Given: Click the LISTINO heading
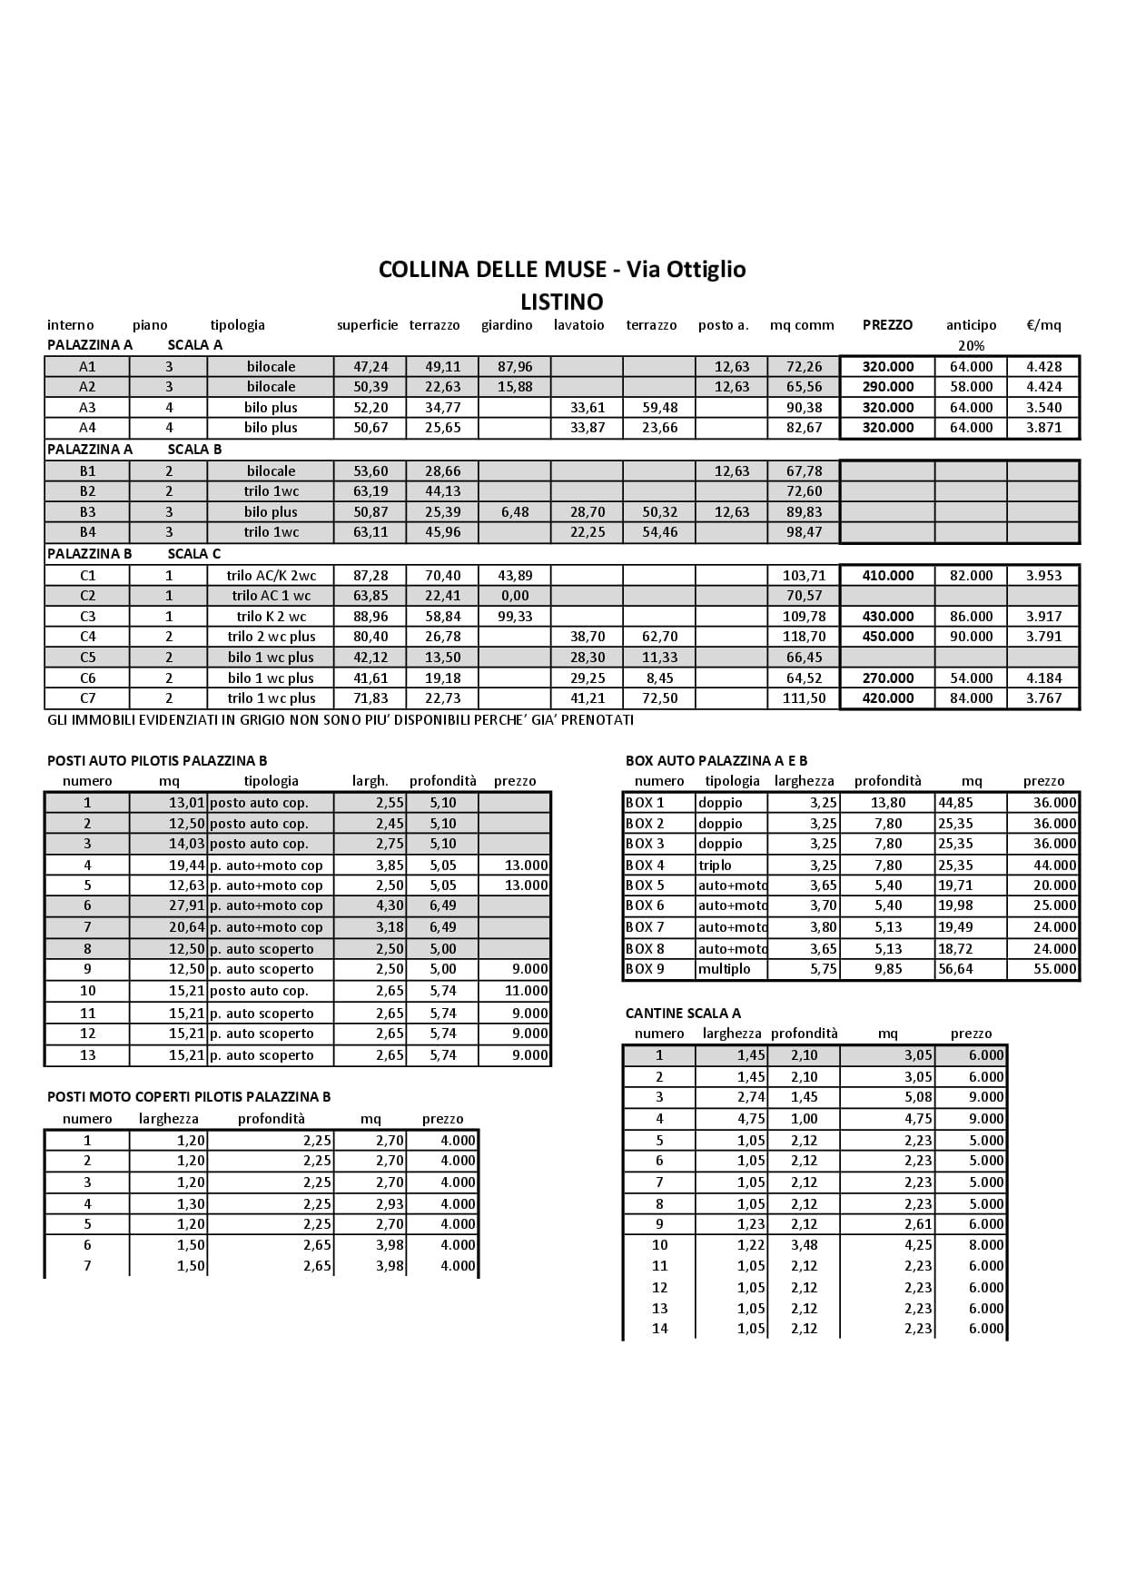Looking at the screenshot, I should (x=561, y=301).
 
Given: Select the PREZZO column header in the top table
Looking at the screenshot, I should (x=887, y=325).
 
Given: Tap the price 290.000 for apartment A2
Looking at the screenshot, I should (x=887, y=387).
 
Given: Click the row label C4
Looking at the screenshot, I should (x=87, y=637).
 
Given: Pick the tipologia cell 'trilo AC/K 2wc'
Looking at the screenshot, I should (x=271, y=576).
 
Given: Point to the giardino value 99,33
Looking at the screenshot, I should (x=515, y=617).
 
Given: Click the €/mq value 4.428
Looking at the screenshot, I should (x=1043, y=367).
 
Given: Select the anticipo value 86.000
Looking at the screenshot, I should (x=971, y=617).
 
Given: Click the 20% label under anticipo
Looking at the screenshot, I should (x=971, y=346).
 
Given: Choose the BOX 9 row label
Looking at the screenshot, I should (x=645, y=969).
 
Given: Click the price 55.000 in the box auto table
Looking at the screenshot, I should (x=1054, y=969).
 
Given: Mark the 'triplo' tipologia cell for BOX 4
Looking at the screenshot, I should (x=716, y=866).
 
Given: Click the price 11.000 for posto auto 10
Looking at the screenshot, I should (x=527, y=991).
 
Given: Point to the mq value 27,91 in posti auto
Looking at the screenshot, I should (x=188, y=905).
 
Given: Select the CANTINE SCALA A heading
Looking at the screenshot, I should (x=683, y=1014).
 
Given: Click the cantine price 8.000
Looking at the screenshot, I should (x=986, y=1245).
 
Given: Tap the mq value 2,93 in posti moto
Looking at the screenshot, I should (x=390, y=1204).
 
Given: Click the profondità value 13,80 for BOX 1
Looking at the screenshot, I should (x=886, y=803).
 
